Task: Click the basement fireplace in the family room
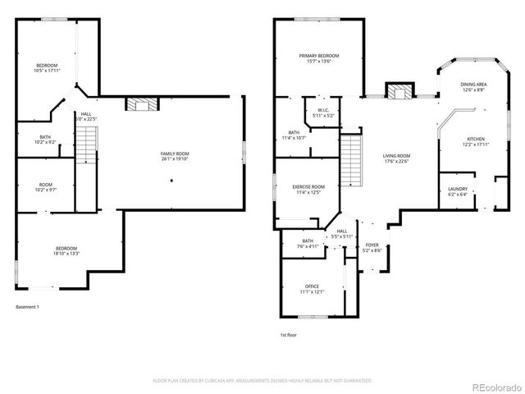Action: (137, 103)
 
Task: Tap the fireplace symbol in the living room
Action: (399, 92)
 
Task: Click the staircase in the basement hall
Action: (87, 149)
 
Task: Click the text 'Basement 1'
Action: (28, 307)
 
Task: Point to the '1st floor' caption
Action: (288, 334)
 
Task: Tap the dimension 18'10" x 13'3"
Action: (66, 253)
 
